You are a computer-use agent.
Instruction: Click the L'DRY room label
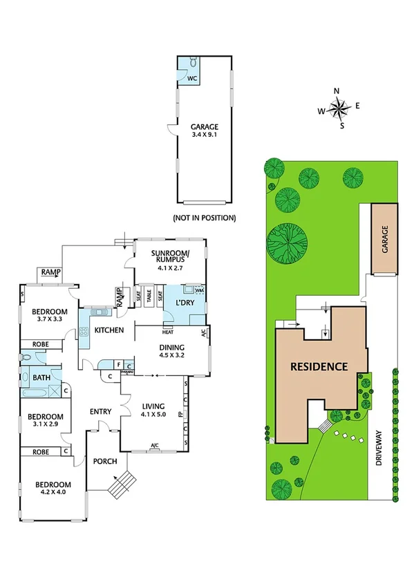tap(183, 303)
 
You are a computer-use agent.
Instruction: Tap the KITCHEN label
tap(109, 330)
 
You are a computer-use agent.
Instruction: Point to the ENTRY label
tap(100, 412)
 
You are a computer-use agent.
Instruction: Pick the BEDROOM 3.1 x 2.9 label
tap(45, 421)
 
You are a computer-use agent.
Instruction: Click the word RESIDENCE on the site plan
tap(318, 366)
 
